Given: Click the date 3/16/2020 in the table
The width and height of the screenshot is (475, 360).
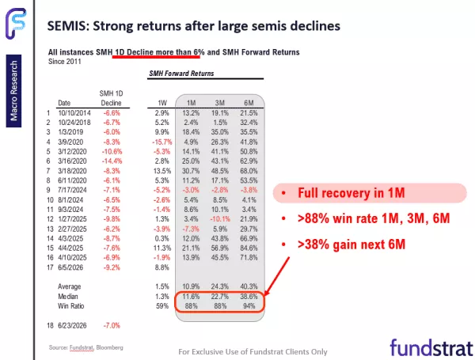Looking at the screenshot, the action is tap(72, 161).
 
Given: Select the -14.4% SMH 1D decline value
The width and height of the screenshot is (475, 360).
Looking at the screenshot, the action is tap(112, 161).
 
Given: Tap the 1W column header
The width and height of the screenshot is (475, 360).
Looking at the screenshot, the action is tap(162, 103).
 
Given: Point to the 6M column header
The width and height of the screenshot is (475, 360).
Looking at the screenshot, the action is tap(249, 103).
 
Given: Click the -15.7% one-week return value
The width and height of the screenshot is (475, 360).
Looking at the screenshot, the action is tap(162, 142).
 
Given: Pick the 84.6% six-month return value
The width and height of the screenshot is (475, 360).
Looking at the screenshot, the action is tap(249, 248).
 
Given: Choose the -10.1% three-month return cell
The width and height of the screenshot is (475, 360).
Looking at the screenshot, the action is tap(220, 219).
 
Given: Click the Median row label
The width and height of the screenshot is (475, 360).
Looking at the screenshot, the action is tap(68, 297).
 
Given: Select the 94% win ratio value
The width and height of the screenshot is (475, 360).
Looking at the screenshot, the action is tap(249, 306).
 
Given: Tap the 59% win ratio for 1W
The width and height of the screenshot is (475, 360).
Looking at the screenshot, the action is tap(162, 306).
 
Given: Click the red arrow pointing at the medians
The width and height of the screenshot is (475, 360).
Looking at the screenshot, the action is tap(277, 276).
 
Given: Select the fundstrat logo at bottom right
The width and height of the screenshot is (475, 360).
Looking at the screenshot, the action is tap(431, 347).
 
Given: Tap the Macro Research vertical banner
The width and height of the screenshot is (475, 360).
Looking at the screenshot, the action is tap(13, 91).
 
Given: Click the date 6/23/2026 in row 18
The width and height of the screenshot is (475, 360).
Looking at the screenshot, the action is tap(72, 325).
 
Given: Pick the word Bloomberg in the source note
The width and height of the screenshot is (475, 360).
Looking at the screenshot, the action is tap(109, 347).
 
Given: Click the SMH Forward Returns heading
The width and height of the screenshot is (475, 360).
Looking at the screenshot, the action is tap(181, 74).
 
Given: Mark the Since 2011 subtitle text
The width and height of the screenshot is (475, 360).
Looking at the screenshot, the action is tap(65, 62).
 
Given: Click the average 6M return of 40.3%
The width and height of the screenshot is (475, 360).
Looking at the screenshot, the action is tap(249, 286).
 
